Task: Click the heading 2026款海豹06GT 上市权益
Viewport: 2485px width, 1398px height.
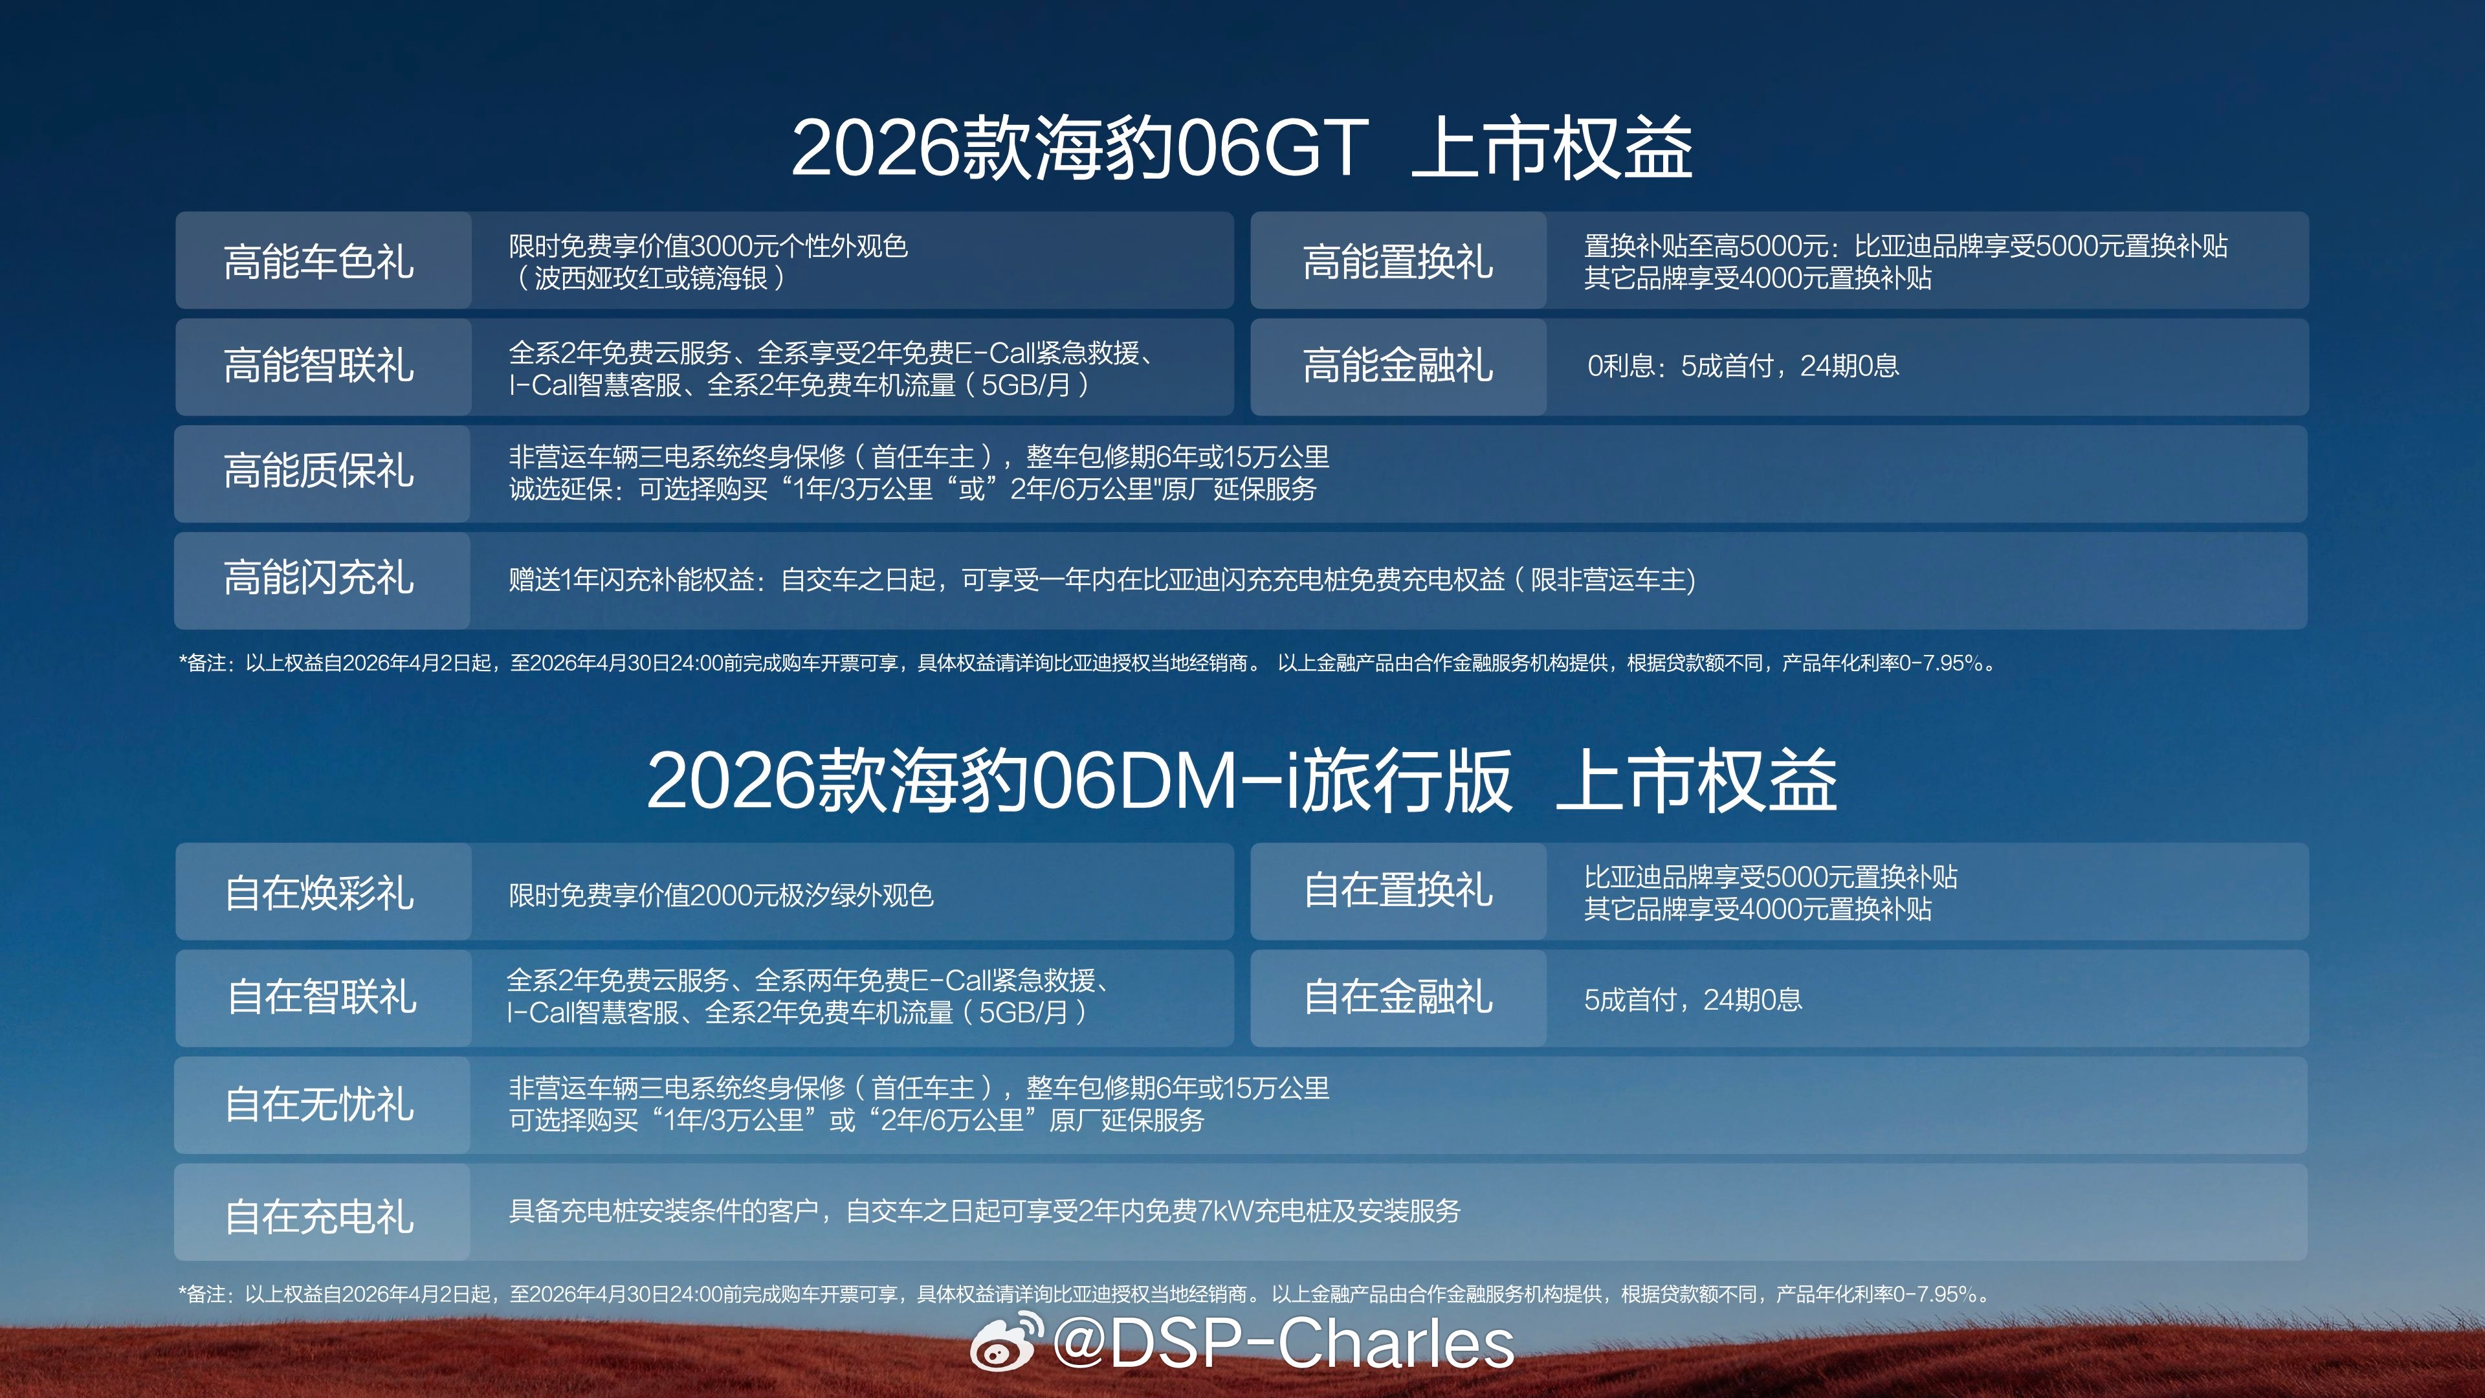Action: pyautogui.click(x=1242, y=148)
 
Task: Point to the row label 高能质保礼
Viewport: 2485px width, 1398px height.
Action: pyautogui.click(x=318, y=471)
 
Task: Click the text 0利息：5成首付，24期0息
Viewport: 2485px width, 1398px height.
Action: pyautogui.click(x=1743, y=366)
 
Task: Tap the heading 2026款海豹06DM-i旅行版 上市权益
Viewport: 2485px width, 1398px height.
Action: pyautogui.click(x=1242, y=779)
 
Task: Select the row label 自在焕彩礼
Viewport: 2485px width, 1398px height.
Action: pyautogui.click(x=318, y=893)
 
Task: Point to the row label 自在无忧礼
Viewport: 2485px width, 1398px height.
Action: pyautogui.click(x=318, y=1104)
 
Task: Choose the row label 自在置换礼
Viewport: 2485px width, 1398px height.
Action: pyautogui.click(x=1398, y=889)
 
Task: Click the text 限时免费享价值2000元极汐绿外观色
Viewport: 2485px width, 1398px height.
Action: pyautogui.click(x=722, y=895)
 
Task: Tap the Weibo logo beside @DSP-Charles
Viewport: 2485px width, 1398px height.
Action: pyautogui.click(x=1006, y=1342)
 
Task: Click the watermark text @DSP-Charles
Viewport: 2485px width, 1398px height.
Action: pyautogui.click(x=1284, y=1343)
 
